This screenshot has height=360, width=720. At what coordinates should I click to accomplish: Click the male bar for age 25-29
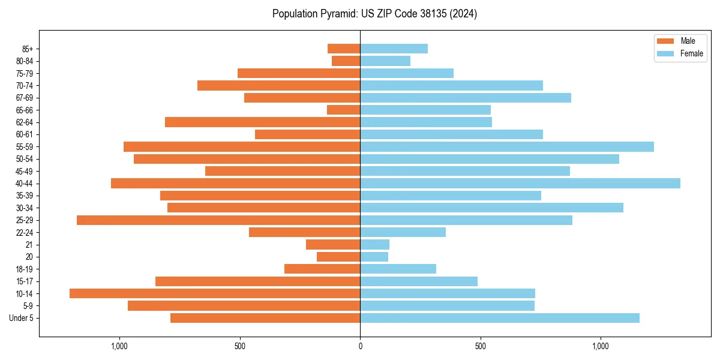(218, 220)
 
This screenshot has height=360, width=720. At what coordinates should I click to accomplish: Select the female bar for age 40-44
(520, 184)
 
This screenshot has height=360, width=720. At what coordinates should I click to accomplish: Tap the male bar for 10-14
(215, 293)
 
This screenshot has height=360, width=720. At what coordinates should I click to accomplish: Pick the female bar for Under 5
(500, 318)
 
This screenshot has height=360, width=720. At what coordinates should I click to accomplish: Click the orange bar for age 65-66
(343, 110)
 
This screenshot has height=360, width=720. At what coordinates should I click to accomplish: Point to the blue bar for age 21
(374, 245)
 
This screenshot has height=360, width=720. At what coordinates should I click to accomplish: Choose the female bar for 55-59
(507, 147)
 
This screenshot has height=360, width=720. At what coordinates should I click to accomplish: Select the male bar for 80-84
(346, 61)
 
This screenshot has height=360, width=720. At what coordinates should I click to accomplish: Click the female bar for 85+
(394, 49)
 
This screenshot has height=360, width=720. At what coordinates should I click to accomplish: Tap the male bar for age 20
(338, 257)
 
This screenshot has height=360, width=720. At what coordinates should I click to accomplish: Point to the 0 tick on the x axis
(360, 346)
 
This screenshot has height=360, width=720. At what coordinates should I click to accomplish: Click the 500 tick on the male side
(240, 346)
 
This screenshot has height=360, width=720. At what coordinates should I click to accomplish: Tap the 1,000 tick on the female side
(601, 346)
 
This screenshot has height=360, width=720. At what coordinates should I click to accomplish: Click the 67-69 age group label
(25, 98)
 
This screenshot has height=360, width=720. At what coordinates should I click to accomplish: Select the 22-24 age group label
(25, 233)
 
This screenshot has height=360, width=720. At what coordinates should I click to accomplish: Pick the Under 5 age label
(22, 318)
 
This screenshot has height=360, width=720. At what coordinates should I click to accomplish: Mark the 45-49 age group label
(25, 172)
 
